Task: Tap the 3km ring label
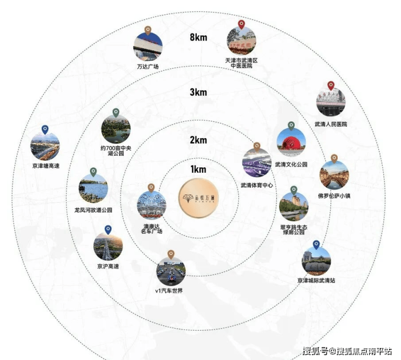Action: (x=198, y=92)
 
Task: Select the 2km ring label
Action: (x=198, y=140)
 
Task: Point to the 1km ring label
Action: (x=198, y=169)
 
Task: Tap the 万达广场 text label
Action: (x=147, y=67)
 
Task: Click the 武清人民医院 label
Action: (x=331, y=124)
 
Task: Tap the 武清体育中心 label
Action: (x=257, y=185)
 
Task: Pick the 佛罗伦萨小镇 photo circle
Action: (x=334, y=175)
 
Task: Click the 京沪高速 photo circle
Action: (x=108, y=246)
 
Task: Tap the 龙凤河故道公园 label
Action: (x=93, y=210)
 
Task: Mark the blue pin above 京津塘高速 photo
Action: (x=45, y=129)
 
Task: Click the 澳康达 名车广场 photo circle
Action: (x=151, y=206)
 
